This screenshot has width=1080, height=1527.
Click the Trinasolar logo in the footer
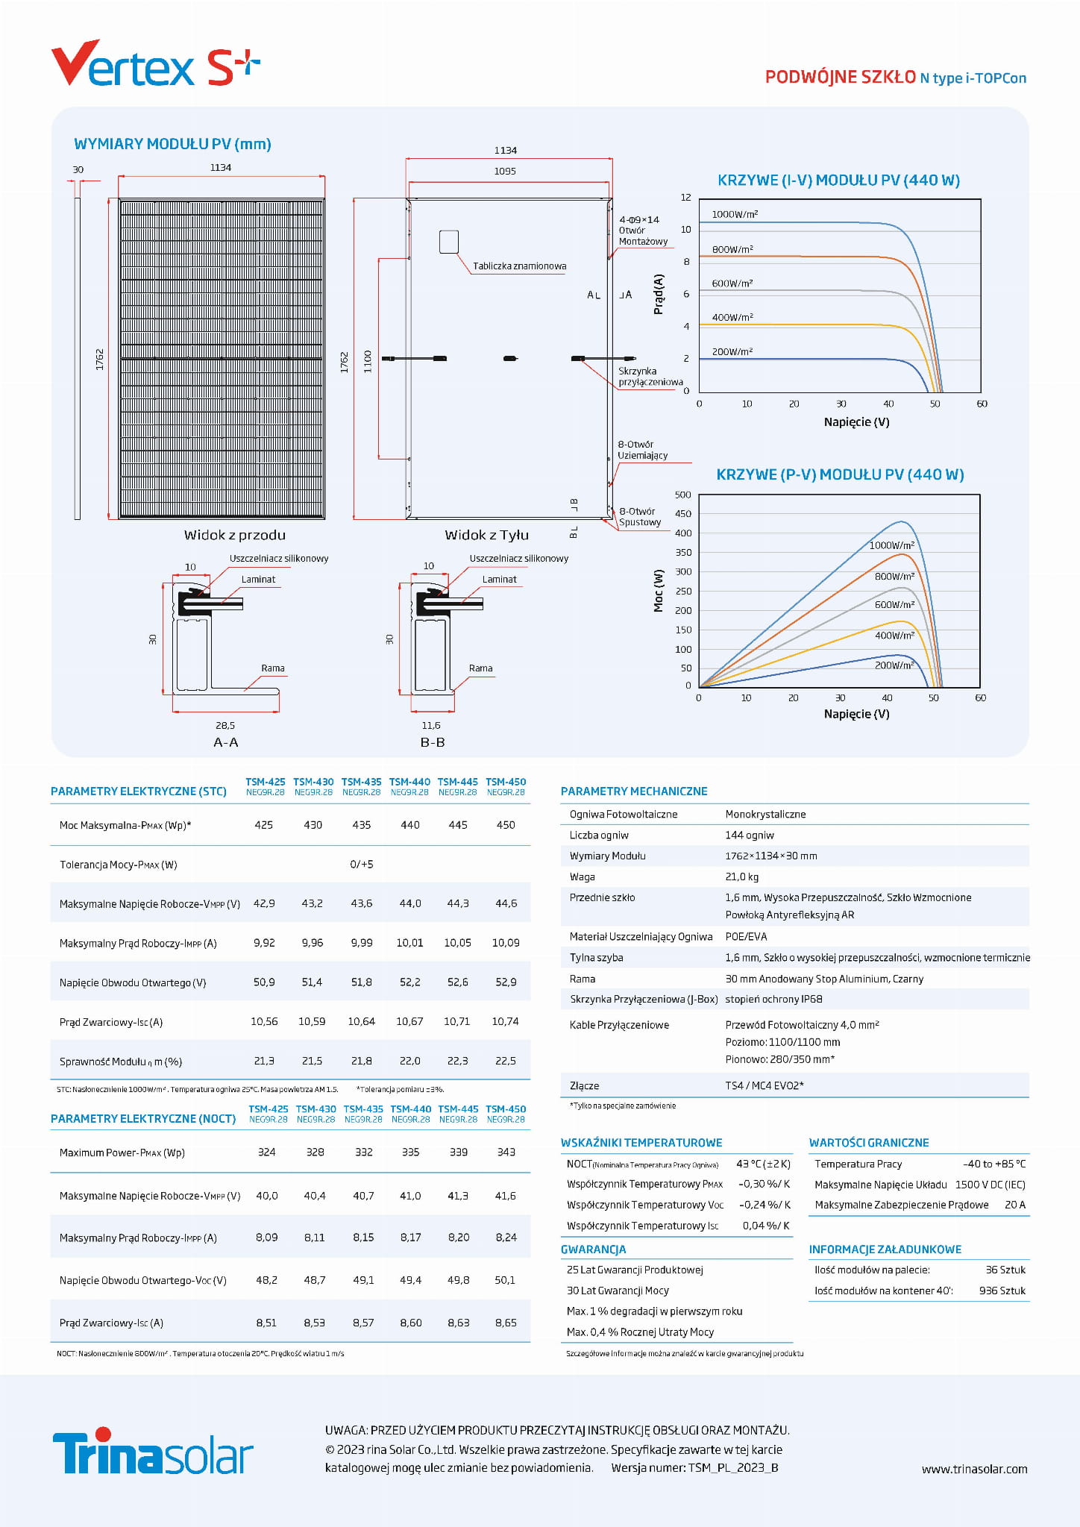point(153,1451)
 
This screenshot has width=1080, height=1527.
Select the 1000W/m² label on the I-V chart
point(735,214)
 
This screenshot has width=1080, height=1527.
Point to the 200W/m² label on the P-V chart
point(894,665)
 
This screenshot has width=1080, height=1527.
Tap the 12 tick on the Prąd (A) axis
point(685,198)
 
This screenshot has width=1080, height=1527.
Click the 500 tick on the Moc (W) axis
point(682,495)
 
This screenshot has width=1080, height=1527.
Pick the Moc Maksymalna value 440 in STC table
point(409,825)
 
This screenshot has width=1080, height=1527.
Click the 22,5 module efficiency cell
point(505,1061)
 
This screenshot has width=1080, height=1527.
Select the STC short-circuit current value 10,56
point(264,1021)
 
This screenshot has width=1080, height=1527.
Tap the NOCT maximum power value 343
point(506,1152)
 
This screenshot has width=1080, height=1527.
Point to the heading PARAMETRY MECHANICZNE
point(634,791)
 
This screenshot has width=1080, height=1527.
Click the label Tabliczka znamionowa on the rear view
point(519,266)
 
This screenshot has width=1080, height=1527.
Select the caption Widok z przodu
point(234,535)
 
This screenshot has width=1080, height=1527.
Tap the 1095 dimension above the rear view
point(505,171)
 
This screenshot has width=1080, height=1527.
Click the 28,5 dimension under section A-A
point(225,725)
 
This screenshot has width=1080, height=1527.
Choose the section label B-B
point(433,742)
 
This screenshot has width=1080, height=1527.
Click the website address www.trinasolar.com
point(974,1469)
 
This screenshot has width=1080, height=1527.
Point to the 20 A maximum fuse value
point(1014,1205)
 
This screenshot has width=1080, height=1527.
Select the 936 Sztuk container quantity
point(1002,1291)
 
